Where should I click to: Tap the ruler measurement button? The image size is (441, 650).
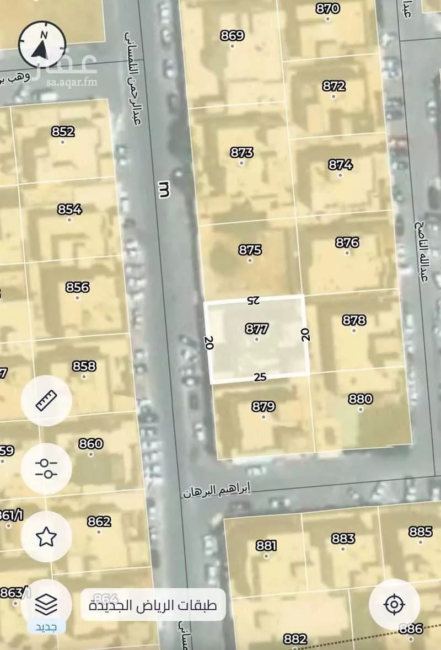46,401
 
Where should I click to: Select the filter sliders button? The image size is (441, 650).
46,469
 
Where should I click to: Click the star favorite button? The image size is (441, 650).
46,536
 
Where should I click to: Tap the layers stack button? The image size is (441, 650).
46,605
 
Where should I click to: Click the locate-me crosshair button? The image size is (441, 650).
394,605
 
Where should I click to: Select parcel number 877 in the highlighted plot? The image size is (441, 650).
257,329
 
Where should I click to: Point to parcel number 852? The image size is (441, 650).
62,132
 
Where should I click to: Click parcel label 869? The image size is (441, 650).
232,36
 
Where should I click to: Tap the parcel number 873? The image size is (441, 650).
242,153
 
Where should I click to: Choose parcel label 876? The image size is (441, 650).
347,242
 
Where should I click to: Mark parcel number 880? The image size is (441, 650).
361,399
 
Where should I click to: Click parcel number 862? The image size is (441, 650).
99,521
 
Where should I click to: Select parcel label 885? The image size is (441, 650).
421,531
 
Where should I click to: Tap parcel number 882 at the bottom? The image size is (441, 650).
295,639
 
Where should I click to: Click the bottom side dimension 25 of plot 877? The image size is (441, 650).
261,377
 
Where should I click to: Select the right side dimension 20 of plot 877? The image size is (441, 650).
305,334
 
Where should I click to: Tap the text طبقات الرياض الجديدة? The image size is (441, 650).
153,605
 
